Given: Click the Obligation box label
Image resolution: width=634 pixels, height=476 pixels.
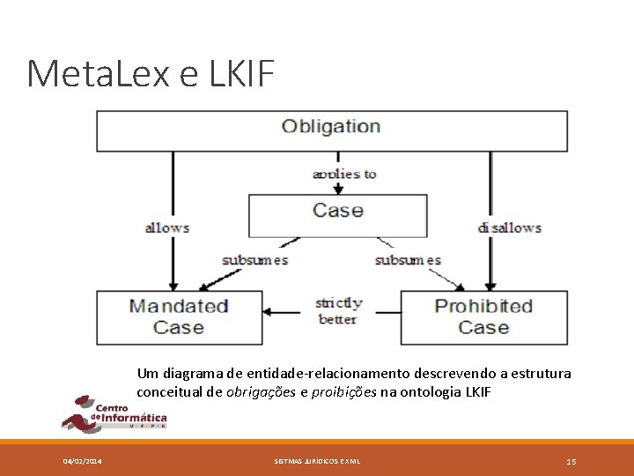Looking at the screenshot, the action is click(x=331, y=126).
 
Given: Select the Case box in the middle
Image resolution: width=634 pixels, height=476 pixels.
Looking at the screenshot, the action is click(x=338, y=211).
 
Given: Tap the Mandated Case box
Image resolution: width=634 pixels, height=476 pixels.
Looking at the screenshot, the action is click(x=179, y=316).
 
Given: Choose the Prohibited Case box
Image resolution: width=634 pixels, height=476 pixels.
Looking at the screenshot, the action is click(x=483, y=316).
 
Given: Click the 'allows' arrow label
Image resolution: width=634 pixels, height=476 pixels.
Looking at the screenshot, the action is click(x=167, y=227).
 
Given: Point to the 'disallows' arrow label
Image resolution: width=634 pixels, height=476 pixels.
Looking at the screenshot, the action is click(x=509, y=227).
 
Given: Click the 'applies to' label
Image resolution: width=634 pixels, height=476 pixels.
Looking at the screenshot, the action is click(x=344, y=174).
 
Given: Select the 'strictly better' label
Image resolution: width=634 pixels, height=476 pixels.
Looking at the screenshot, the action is click(x=338, y=311).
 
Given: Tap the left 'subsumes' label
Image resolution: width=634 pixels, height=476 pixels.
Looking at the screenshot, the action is click(x=255, y=260).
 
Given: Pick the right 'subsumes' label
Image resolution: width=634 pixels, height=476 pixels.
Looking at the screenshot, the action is click(x=408, y=260).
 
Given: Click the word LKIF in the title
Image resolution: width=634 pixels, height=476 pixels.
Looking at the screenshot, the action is click(x=242, y=74).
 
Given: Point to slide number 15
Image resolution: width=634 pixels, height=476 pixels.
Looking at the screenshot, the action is click(x=571, y=461).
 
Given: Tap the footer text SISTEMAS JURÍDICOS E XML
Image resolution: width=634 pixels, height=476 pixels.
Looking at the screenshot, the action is click(x=317, y=461).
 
